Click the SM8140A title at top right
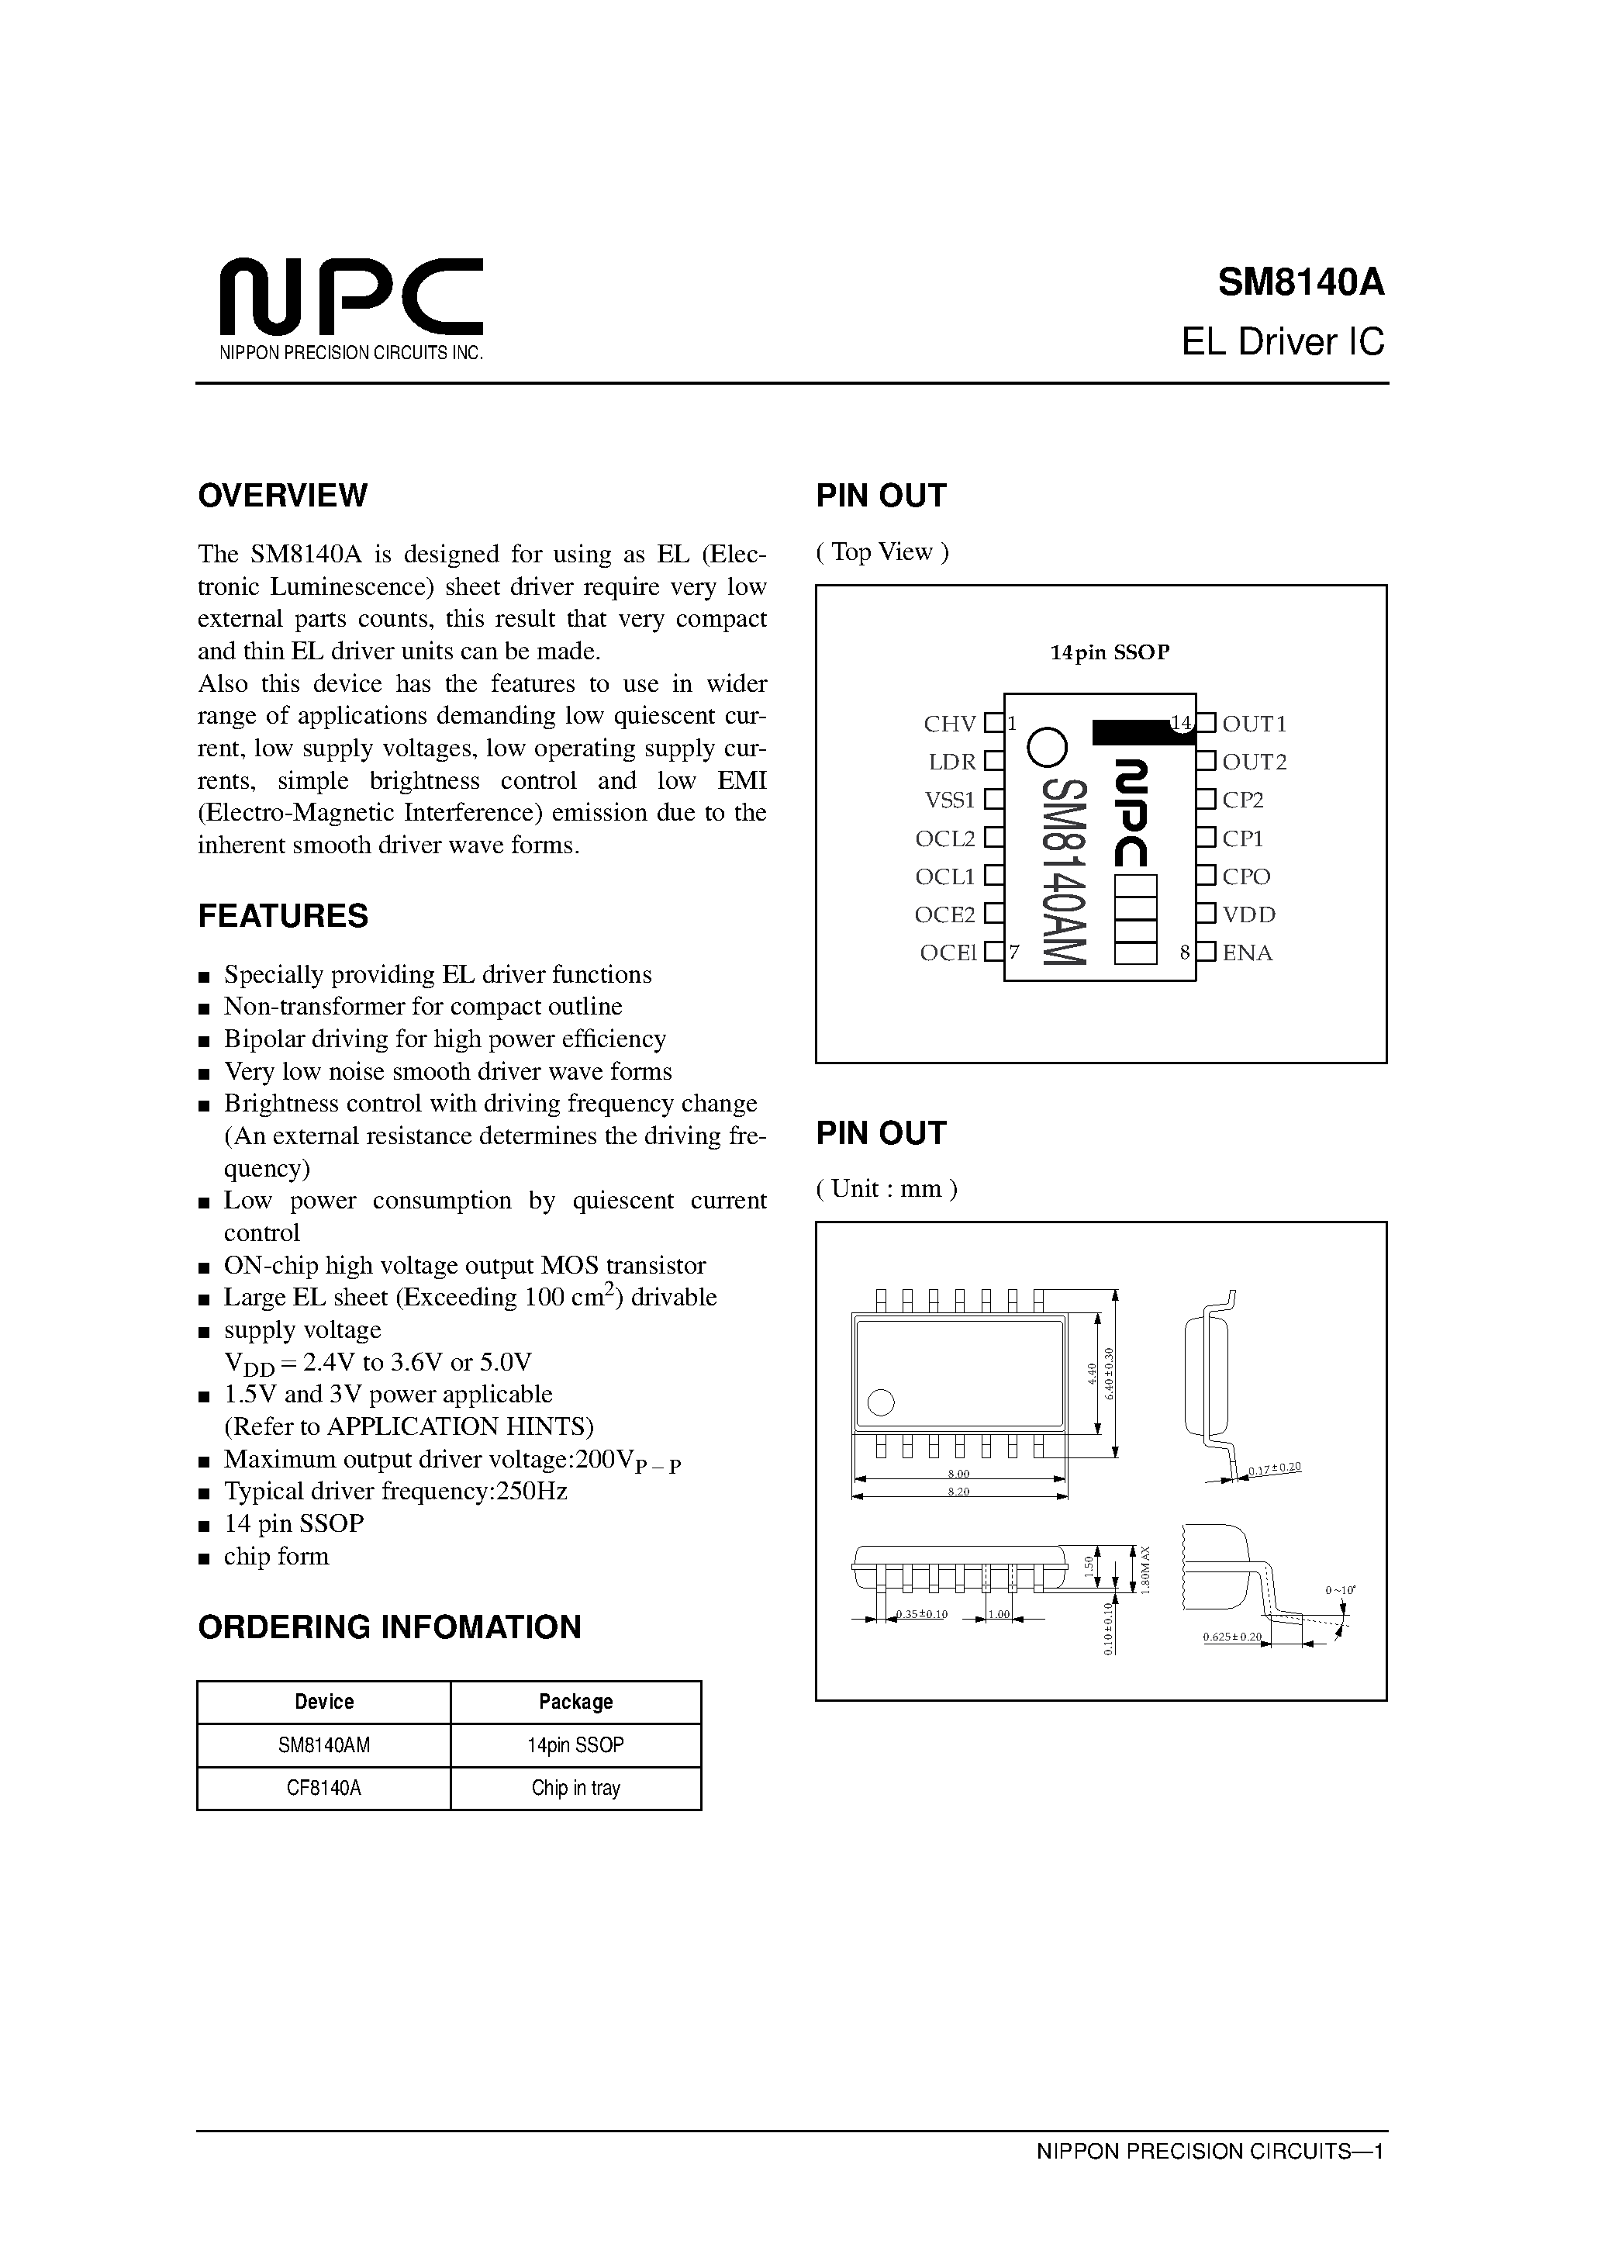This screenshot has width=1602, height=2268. tap(1301, 282)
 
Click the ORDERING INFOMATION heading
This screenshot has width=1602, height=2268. tap(389, 1627)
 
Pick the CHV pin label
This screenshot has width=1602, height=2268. tap(949, 724)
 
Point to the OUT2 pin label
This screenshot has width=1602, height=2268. tap(1255, 762)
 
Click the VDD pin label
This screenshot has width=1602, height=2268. tap(1248, 914)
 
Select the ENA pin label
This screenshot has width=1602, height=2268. tap(1248, 953)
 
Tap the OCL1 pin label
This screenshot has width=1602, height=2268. tap(945, 877)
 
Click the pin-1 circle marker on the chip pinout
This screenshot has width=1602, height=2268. tap(1047, 748)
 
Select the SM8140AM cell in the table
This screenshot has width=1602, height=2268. tap(324, 1745)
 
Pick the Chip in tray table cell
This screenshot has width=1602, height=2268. tap(576, 1788)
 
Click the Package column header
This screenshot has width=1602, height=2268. tap(576, 1702)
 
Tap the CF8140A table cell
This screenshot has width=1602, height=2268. tap(324, 1788)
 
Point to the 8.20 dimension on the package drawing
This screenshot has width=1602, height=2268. tap(958, 1492)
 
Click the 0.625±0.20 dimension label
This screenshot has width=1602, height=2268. tap(1231, 1637)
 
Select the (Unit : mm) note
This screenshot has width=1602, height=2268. tap(886, 1188)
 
